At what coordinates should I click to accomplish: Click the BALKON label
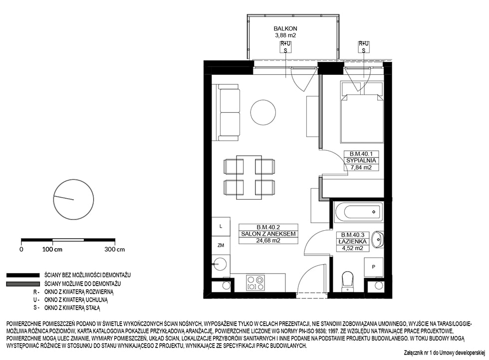coord(285,28)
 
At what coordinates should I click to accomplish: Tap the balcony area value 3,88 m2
coord(285,35)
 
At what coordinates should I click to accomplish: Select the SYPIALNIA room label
coord(361,161)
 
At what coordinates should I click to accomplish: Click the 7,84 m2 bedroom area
coord(361,167)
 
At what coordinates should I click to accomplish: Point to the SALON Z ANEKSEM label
coord(268,234)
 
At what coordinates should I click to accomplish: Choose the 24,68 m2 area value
coord(268,240)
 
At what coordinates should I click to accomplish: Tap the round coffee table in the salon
coord(263,112)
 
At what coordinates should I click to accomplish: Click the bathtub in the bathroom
coord(358,212)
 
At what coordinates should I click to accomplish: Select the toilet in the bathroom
coord(347,282)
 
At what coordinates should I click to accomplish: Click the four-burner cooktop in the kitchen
coord(255,283)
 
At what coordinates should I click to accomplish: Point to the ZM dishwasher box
coord(221,245)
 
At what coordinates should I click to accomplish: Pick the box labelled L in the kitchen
coord(221,227)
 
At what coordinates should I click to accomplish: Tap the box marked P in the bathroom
coord(374,267)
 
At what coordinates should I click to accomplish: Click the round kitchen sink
coord(220,265)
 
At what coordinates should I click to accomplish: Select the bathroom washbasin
coord(378,240)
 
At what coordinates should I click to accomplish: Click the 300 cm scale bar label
coord(114,249)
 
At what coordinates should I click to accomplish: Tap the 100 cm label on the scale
coord(52,249)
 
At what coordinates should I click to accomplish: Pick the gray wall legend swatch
coord(23,284)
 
